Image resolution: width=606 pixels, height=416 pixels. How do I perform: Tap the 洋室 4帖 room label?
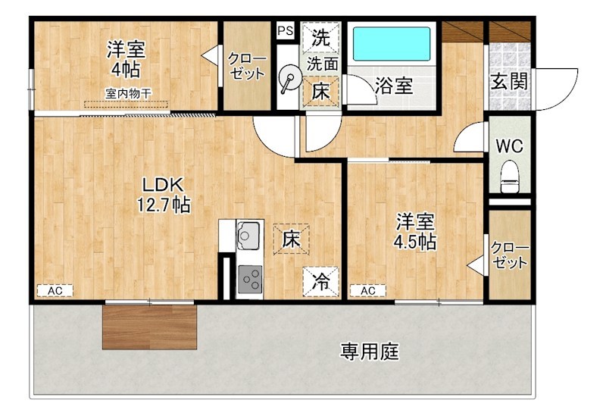click(125, 58)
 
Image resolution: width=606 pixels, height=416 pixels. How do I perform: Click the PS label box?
click(285, 31)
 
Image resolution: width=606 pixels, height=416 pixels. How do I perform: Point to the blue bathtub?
click(392, 45)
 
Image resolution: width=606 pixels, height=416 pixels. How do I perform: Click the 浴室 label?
click(394, 86)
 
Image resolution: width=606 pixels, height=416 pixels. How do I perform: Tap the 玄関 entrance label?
click(509, 80)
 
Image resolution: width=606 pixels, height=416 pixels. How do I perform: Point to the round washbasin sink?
click(289, 79)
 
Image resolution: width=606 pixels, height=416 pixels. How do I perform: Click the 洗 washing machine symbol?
click(321, 36)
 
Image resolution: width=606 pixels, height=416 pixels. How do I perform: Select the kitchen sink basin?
click(248, 236)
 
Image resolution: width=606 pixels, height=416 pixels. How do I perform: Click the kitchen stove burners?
click(248, 281)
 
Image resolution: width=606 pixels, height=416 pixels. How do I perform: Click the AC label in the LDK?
click(55, 290)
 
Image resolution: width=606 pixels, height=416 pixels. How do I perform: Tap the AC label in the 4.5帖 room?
click(368, 290)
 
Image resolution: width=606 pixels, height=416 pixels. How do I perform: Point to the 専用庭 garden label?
click(369, 352)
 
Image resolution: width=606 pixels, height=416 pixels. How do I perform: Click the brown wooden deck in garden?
click(149, 327)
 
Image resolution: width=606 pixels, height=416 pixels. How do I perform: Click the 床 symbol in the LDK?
click(292, 239)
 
